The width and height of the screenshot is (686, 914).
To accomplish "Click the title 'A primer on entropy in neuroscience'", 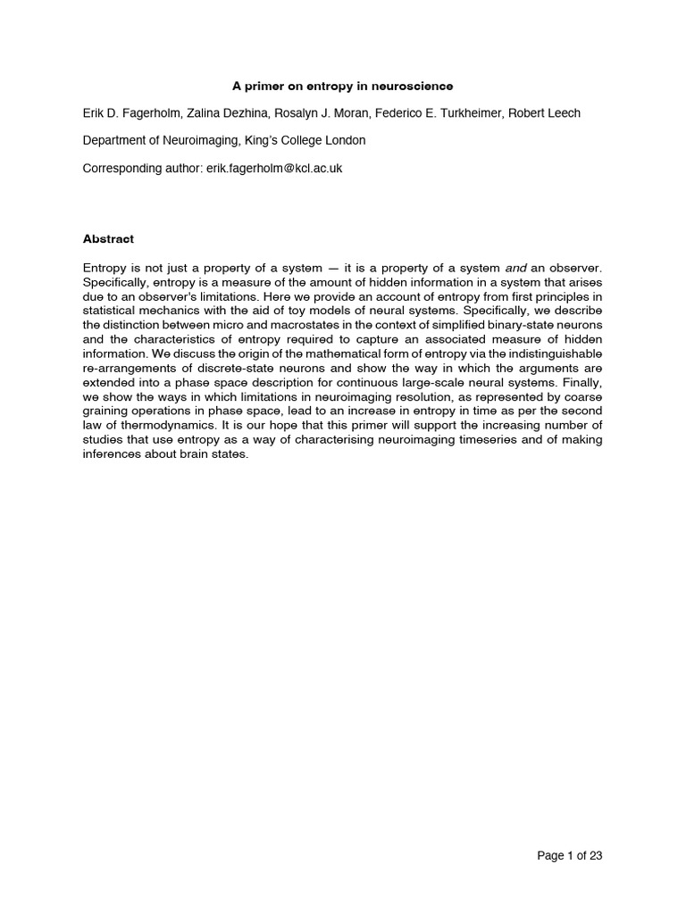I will click(343, 87).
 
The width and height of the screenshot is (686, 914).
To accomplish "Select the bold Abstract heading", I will click(108, 239).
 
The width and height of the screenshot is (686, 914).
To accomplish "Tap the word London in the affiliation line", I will click(343, 140).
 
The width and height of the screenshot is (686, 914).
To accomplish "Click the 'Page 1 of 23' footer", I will click(570, 856).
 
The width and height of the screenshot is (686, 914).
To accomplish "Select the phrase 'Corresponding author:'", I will click(142, 168).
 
